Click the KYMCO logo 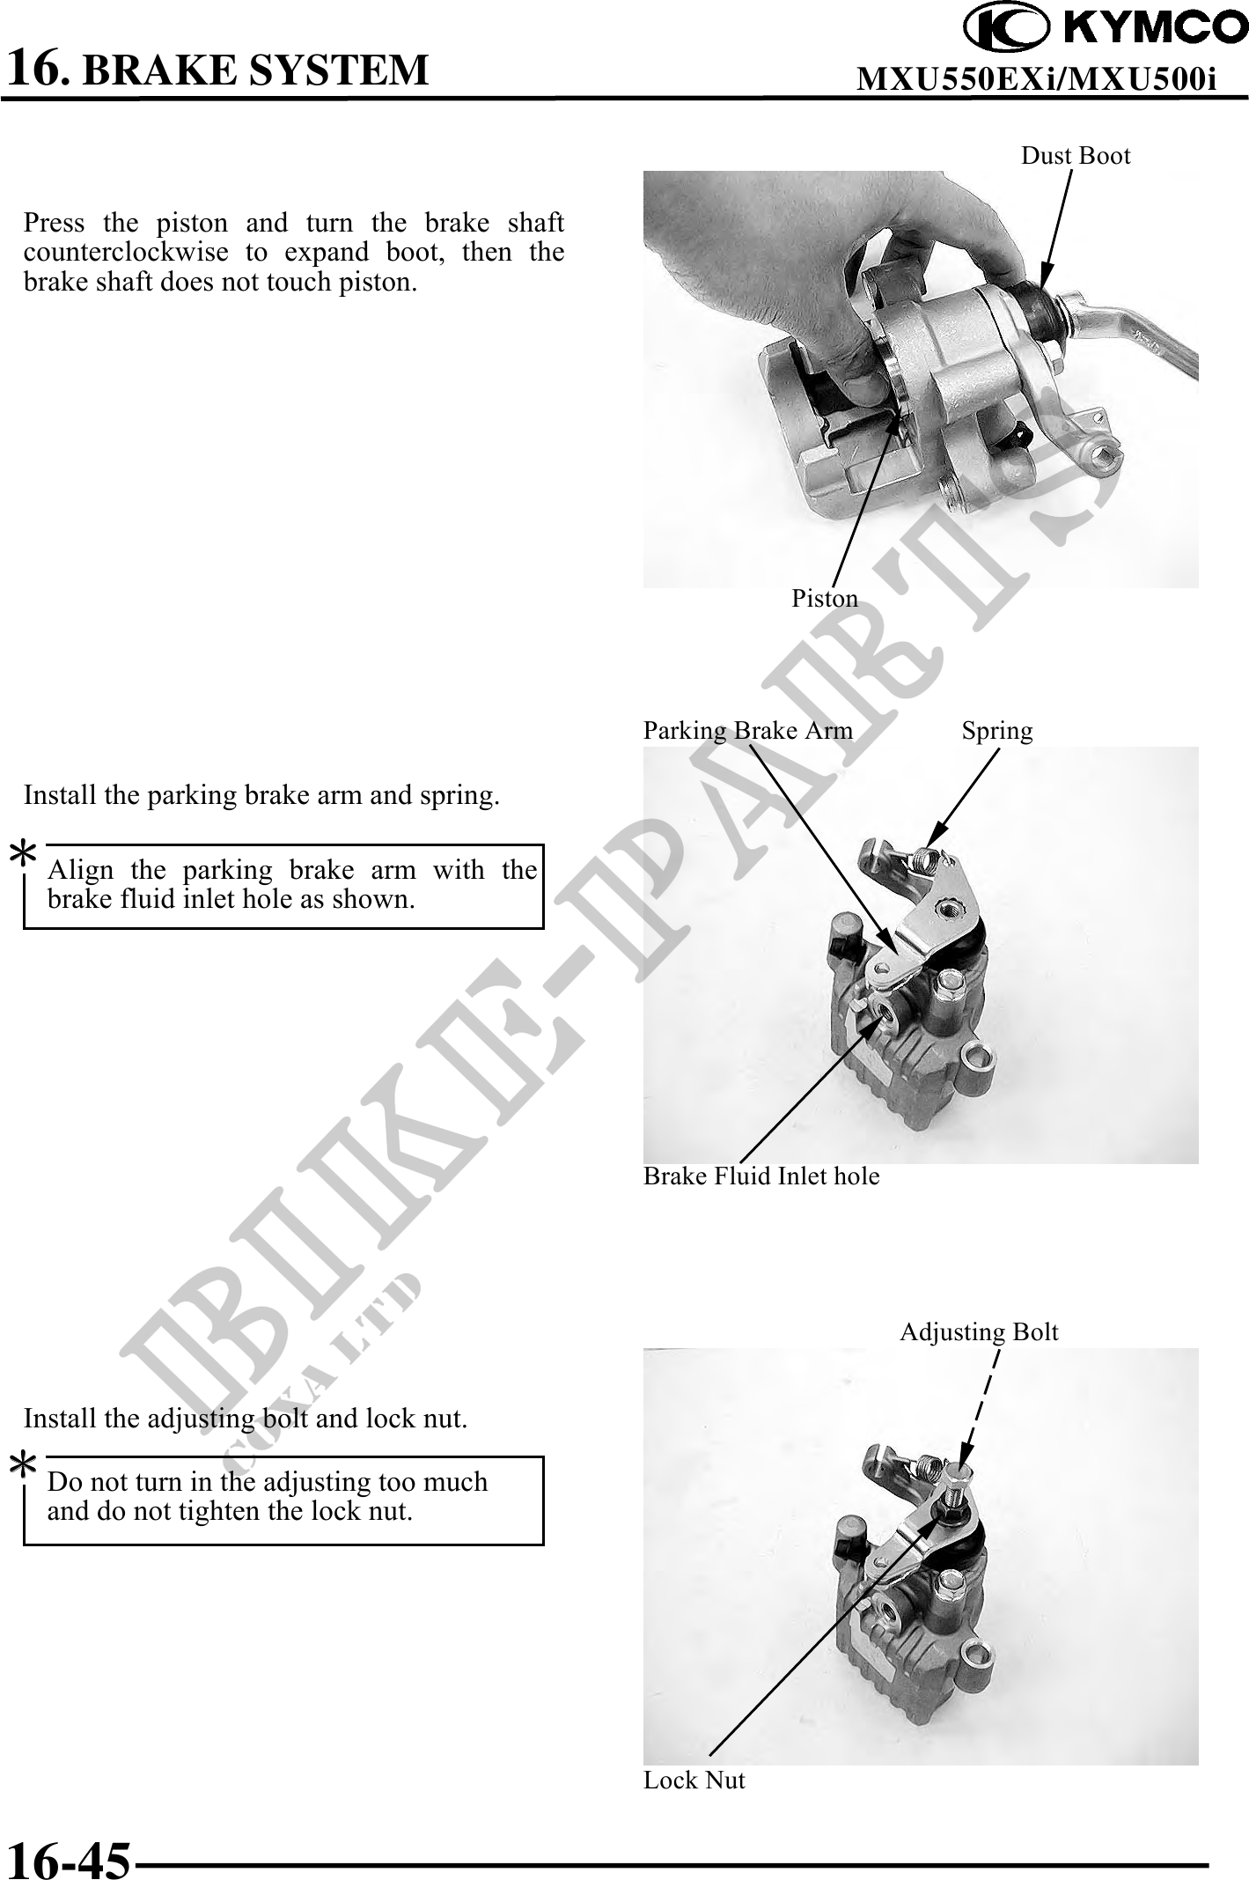click(1106, 28)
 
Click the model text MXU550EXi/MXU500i click(1037, 80)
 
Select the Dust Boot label click(1076, 156)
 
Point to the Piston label click(825, 599)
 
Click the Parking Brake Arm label click(748, 731)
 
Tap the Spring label click(997, 731)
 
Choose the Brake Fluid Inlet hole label click(761, 1176)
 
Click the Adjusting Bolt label click(979, 1332)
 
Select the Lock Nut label click(694, 1780)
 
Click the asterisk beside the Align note click(23, 856)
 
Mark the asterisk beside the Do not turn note click(23, 1468)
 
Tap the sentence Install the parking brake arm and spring click(261, 795)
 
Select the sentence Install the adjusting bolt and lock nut click(246, 1419)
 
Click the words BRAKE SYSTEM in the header click(255, 70)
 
